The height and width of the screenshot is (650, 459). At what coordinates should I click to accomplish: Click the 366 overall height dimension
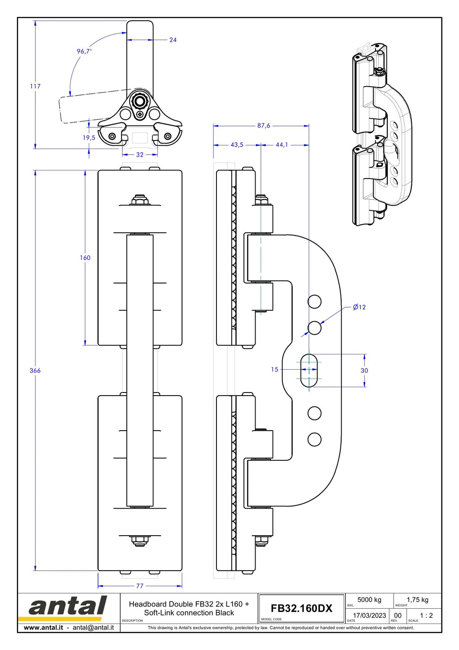pos(35,371)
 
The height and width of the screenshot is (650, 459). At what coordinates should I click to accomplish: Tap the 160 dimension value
pos(85,257)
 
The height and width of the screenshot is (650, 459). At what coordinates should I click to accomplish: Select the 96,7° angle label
pos(84,51)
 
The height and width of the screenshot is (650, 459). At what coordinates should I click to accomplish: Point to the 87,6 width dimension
pos(264,125)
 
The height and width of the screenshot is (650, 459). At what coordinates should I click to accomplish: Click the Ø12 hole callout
pos(359,307)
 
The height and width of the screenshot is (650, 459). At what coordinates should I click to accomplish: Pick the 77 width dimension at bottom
pos(140,586)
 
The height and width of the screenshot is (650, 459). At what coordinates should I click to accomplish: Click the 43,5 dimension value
pos(237,144)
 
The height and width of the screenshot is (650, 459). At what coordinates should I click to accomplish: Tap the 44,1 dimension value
pos(282,144)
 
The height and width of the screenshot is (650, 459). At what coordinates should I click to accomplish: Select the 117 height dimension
pos(35,86)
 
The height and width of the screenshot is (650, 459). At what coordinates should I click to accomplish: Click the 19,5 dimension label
pos(89,138)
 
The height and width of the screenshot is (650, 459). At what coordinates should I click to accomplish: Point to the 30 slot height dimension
pos(364,371)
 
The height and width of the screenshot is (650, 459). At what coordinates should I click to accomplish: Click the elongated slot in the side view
pos(309,371)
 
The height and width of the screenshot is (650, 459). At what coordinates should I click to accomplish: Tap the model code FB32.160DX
pos(301,608)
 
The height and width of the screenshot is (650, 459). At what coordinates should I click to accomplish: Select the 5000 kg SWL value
pos(369,599)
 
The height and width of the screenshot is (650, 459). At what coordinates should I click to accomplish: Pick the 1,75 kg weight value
pos(417,599)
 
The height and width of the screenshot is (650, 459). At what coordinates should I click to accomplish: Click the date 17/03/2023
pos(369,615)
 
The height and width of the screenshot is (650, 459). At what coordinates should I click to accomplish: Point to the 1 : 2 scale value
pos(426,615)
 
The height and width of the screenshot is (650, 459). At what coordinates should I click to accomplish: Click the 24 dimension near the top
pos(173,40)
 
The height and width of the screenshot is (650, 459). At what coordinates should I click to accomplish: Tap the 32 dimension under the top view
pos(140,155)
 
